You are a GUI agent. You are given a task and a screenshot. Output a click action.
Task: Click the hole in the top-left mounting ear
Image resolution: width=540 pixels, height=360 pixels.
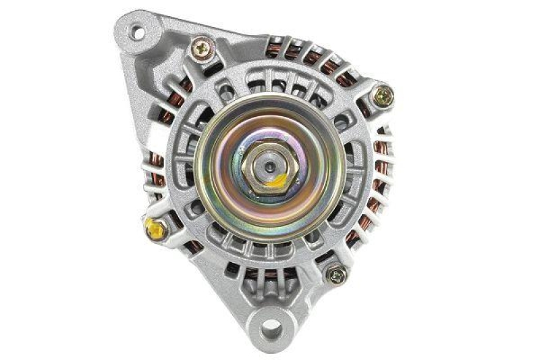[138, 31]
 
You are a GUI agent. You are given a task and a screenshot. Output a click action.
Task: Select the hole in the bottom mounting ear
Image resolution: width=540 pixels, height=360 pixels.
[271, 329]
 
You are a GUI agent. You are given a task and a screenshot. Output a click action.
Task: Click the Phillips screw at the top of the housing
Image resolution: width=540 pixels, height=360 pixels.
[202, 47]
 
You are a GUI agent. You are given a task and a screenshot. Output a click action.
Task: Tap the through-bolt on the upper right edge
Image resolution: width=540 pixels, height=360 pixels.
[383, 97]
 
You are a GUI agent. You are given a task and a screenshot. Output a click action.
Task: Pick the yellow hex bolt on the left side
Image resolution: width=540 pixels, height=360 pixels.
[155, 228]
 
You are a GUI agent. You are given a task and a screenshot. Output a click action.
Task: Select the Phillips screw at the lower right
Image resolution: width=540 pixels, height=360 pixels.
[335, 274]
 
